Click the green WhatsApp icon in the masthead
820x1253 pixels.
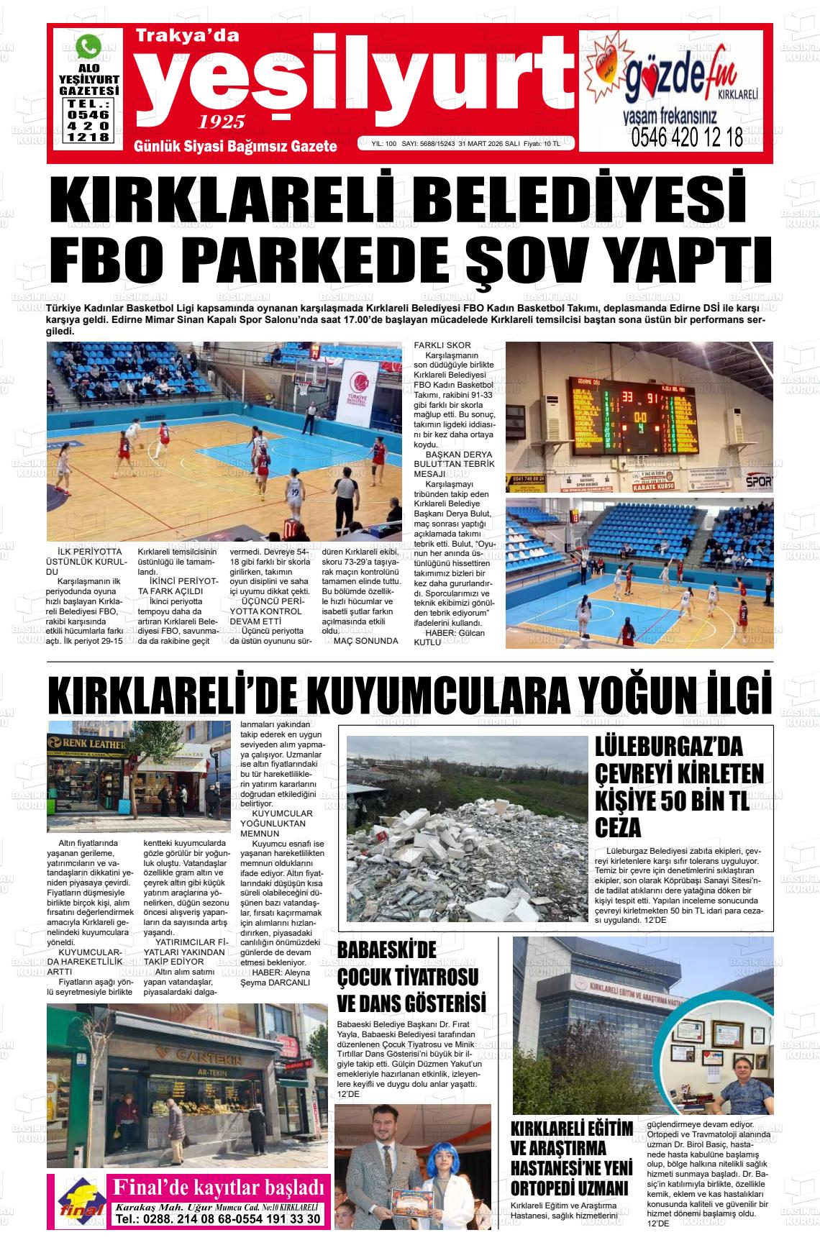point(89,47)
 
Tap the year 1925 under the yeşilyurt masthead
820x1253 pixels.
point(222,121)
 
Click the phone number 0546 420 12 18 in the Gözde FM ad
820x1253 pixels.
point(687,137)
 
